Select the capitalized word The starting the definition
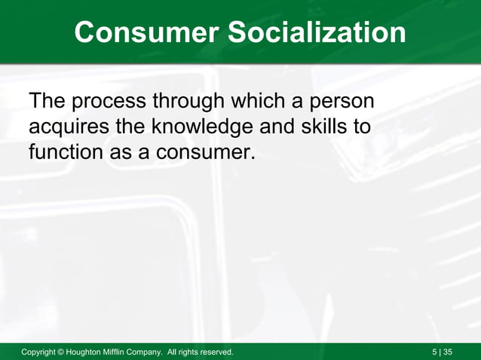click(x=49, y=100)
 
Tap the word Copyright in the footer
click(x=43, y=352)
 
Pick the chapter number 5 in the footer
click(x=435, y=352)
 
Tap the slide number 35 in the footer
click(x=449, y=352)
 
